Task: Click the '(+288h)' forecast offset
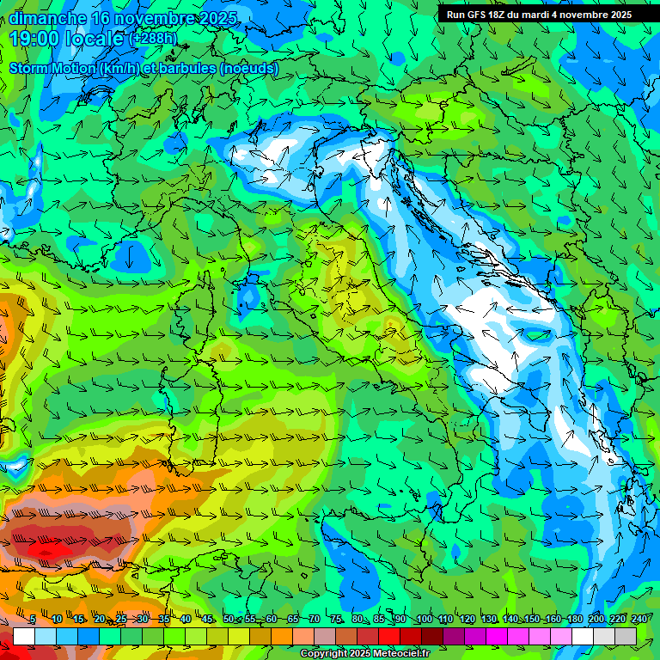[153, 39]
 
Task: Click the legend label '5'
[33, 620]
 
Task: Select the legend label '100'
[424, 620]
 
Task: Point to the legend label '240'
[639, 620]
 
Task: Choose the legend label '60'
[271, 620]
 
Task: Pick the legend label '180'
[575, 620]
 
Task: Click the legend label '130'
[489, 620]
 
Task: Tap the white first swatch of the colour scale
[24, 636]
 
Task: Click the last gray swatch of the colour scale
[626, 636]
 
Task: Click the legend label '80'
[357, 620]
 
